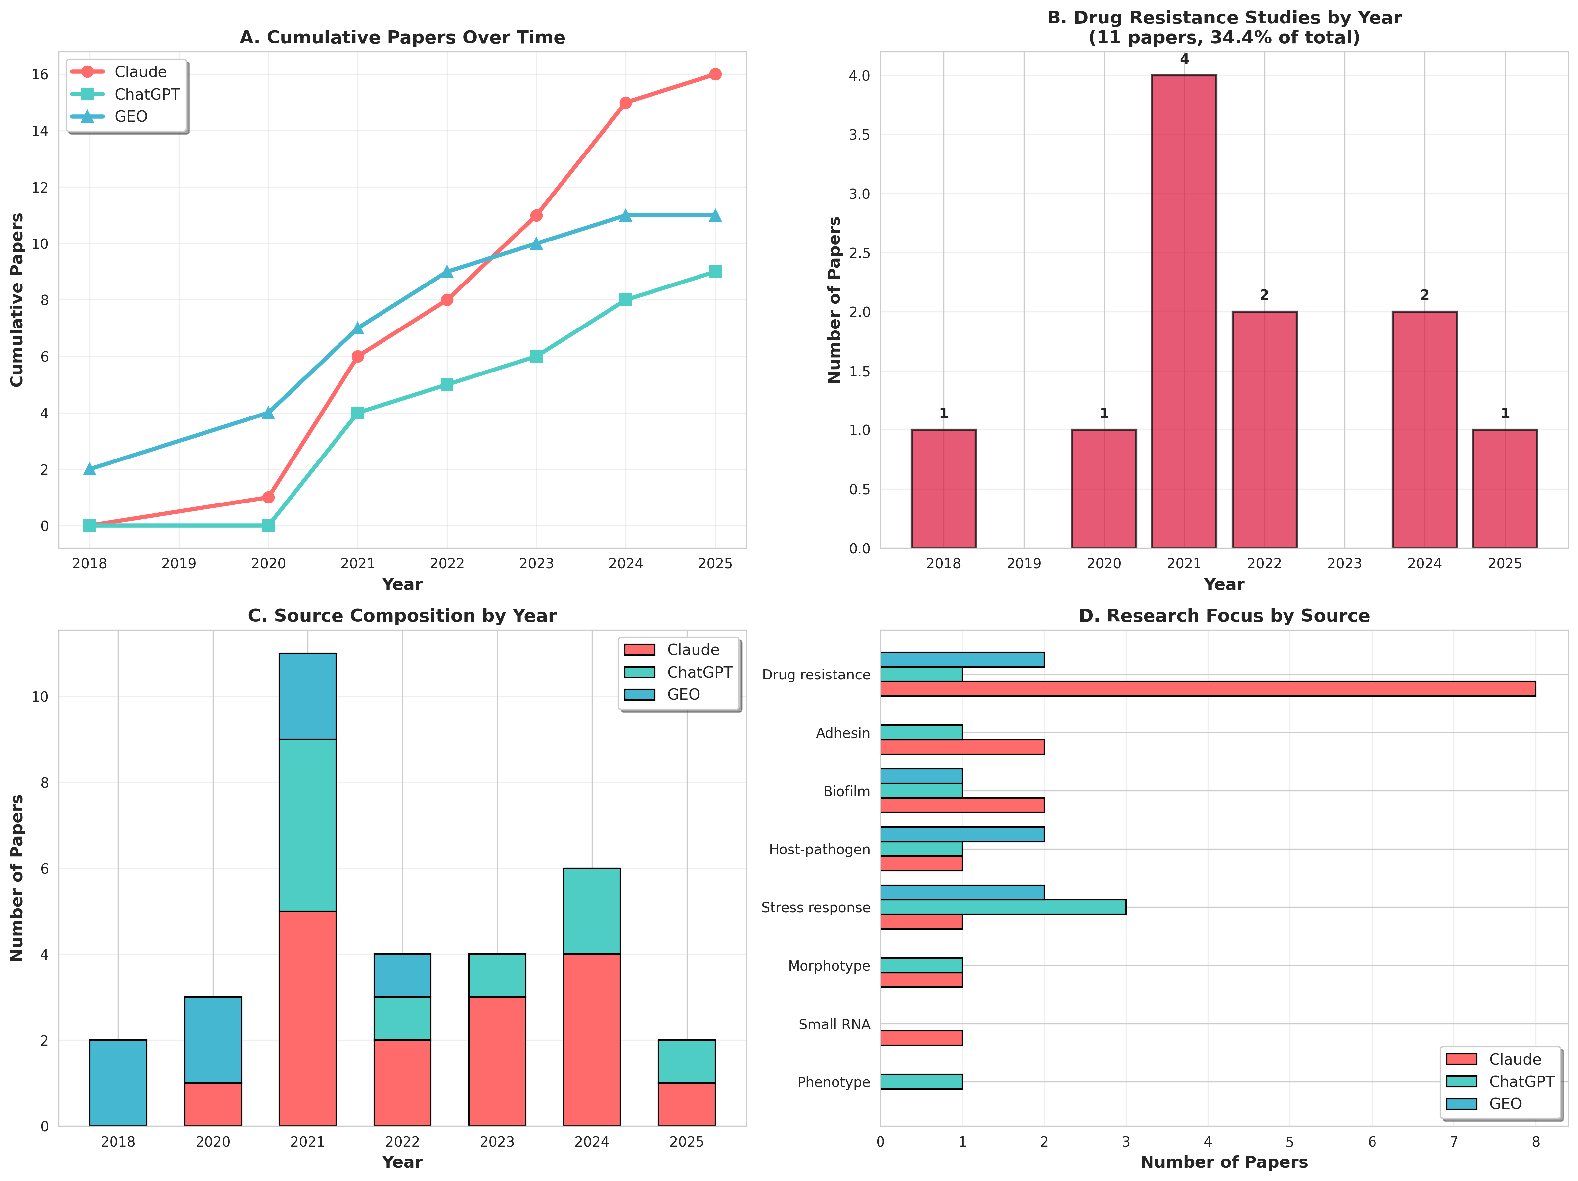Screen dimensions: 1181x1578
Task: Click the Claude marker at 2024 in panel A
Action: tap(626, 103)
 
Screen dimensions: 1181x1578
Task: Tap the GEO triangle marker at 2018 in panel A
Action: tap(89, 469)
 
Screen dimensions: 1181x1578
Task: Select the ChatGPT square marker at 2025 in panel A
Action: tap(715, 272)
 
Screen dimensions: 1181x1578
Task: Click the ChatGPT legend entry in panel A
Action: tap(146, 94)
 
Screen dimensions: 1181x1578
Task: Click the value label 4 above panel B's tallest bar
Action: tap(1184, 59)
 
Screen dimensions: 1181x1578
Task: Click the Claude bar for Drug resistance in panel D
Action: tap(1208, 689)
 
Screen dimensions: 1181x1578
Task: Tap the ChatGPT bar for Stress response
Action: tap(1003, 907)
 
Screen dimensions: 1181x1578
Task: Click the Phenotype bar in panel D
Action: tap(921, 1082)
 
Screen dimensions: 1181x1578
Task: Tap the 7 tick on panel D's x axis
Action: tap(1454, 1142)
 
